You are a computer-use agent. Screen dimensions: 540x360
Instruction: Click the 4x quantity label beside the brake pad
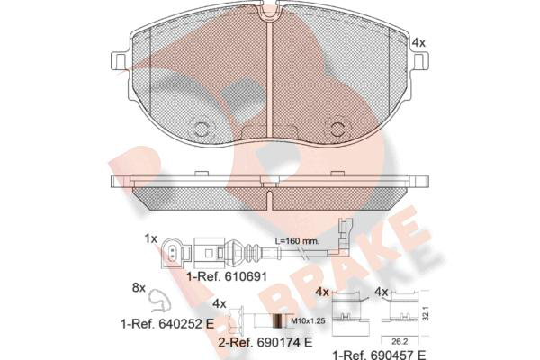[x=418, y=43]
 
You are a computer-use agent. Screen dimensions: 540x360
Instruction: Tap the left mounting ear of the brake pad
[x=120, y=61]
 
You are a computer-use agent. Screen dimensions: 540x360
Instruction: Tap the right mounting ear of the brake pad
[x=420, y=61]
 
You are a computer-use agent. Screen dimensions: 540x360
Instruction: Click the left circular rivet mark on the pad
[x=200, y=129]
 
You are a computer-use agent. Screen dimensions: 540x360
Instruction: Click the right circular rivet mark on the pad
[x=337, y=129]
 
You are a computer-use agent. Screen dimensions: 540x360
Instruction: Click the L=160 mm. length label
[x=297, y=241]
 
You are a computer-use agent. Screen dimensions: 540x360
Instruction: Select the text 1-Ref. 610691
[x=227, y=276]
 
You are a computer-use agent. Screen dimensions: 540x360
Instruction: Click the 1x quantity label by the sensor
[x=150, y=238]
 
